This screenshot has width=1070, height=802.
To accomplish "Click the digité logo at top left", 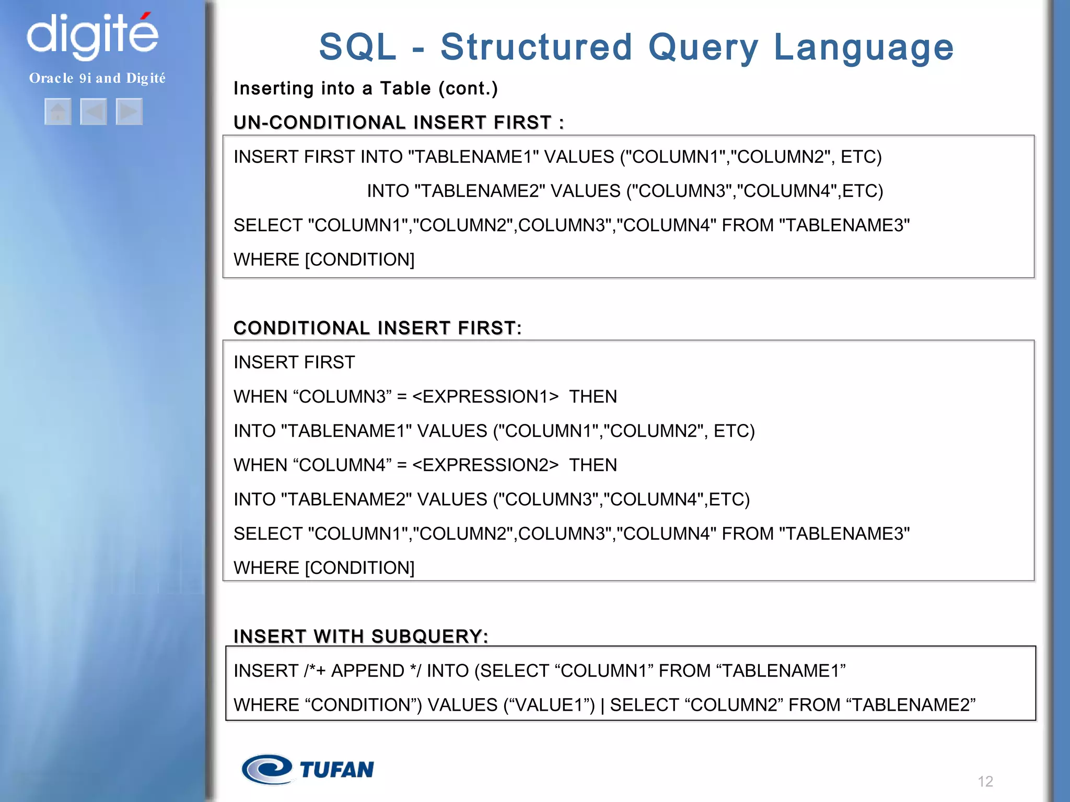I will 92,36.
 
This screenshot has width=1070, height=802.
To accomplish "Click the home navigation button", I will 58,112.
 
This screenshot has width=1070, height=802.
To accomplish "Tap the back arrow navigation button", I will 94,112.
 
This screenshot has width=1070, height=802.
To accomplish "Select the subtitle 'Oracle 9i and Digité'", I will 97,78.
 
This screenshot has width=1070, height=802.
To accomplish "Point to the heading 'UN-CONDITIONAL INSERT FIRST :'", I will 399,123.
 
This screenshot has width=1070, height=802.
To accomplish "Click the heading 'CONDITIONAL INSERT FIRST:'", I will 377,328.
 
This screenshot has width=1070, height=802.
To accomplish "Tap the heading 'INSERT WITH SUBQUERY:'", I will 360,636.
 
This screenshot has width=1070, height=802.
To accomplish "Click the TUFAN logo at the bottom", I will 308,769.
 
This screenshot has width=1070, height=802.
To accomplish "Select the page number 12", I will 985,781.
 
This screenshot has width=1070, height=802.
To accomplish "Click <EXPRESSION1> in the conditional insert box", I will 485,397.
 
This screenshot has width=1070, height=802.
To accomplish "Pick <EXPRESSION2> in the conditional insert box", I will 485,465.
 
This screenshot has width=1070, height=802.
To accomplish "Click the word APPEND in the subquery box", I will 368,671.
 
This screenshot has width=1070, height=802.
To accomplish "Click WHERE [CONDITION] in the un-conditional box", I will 324,260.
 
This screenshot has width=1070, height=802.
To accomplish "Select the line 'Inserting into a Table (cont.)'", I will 365,89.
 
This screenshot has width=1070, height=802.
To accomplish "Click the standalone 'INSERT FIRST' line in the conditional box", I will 294,362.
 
